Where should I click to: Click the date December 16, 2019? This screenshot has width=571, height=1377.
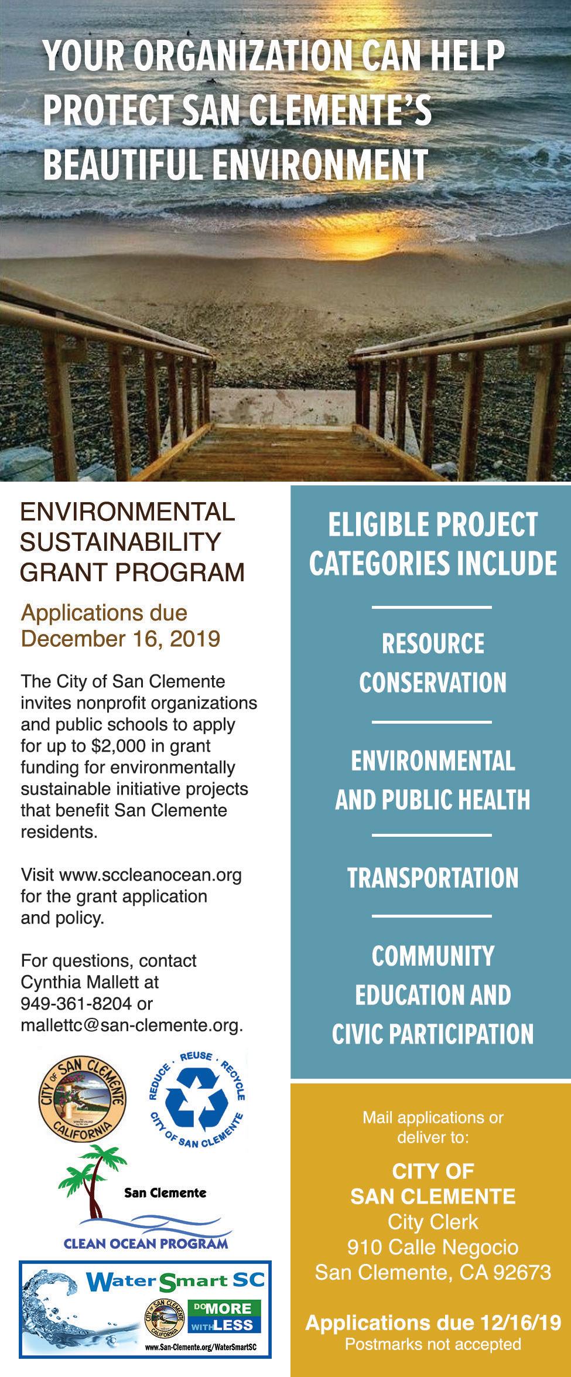coord(121,638)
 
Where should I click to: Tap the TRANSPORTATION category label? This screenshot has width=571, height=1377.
coord(433,878)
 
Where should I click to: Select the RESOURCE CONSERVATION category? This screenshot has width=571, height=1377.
coord(433,663)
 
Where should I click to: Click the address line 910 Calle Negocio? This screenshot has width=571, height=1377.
coord(433,1246)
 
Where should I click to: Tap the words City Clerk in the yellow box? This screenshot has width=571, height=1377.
coord(433,1221)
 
